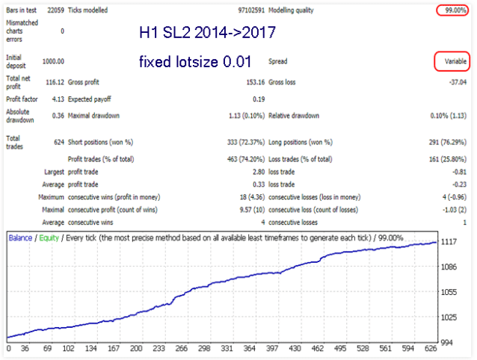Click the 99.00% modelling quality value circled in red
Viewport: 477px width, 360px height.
point(452,10)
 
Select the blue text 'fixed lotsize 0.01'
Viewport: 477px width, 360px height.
point(194,60)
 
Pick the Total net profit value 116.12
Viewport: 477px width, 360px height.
point(53,81)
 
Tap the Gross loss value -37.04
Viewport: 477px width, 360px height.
point(455,81)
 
